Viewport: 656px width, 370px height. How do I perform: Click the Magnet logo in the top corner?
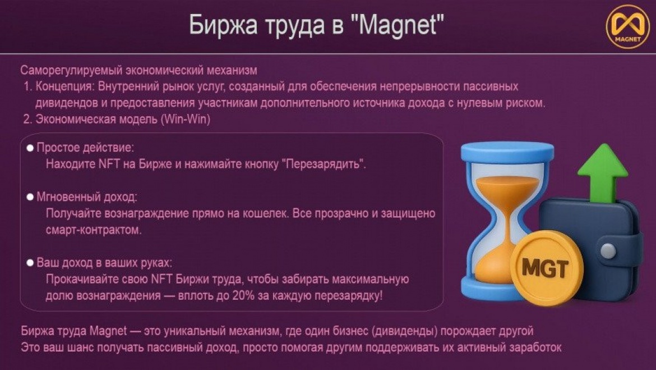pyautogui.click(x=627, y=26)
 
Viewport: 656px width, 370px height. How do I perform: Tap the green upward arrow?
pyautogui.click(x=603, y=172)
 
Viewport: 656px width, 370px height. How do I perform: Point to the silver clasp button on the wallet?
pyautogui.click(x=608, y=251)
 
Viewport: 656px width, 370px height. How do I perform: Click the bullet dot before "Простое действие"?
pyautogui.click(x=30, y=148)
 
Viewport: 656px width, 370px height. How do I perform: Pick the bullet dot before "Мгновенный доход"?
pyautogui.click(x=30, y=197)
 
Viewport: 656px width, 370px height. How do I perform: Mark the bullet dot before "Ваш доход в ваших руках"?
pyautogui.click(x=30, y=263)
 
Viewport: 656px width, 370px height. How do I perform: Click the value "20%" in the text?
pyautogui.click(x=243, y=295)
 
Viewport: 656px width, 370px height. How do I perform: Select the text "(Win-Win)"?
pyautogui.click(x=186, y=120)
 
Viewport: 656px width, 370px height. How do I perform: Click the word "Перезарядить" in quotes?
pyautogui.click(x=322, y=164)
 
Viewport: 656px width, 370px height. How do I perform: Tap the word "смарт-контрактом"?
pyautogui.click(x=93, y=230)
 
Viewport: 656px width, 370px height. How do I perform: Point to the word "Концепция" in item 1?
pyautogui.click(x=66, y=86)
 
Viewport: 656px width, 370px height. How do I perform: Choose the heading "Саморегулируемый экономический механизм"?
pyautogui.click(x=139, y=70)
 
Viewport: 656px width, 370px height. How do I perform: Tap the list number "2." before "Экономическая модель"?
pyautogui.click(x=27, y=120)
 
